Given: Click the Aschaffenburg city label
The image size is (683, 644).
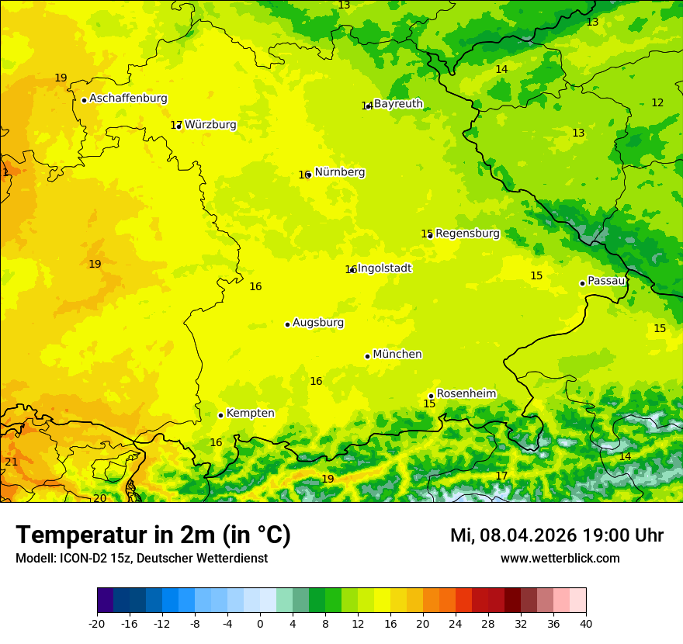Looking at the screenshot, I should (128, 99).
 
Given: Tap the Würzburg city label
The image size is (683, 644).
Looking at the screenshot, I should (210, 125).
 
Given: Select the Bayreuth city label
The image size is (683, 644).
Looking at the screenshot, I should (398, 104).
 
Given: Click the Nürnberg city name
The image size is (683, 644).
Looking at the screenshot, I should (339, 172).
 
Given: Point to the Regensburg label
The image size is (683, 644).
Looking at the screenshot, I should (467, 234).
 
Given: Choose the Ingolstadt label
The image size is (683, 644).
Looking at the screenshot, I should (384, 268).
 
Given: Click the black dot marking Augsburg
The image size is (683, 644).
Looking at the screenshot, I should (287, 324).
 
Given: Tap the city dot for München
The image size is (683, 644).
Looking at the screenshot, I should (367, 356).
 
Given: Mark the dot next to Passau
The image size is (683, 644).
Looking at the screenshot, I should (582, 283).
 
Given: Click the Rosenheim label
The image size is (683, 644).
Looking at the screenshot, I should (466, 394).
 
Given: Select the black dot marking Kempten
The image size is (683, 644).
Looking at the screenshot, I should (220, 415).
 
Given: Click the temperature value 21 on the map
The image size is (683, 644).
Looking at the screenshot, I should (11, 462).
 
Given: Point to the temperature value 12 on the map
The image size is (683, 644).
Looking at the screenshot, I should (657, 102).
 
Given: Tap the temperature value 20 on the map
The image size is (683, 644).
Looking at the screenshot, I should (99, 498).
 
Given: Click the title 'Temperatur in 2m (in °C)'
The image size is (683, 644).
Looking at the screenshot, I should (153, 535).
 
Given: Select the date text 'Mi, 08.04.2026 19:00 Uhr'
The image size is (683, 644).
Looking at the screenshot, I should (556, 535).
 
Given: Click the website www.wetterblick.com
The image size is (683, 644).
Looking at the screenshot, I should (560, 559).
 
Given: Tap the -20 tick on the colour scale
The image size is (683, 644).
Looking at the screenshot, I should (97, 623).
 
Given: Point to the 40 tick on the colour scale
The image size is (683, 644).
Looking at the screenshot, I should (586, 623).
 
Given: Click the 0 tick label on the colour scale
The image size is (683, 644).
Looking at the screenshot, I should (260, 623).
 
